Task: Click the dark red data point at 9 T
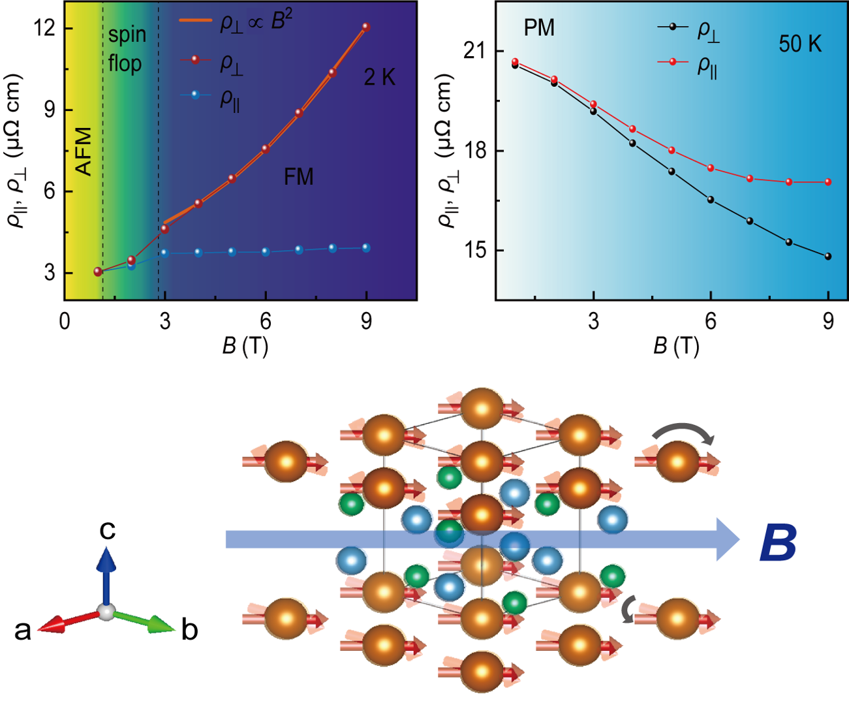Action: [366, 27]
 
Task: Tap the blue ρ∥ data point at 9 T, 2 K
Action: [366, 248]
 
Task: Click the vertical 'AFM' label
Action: [85, 151]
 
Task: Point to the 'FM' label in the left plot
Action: [298, 177]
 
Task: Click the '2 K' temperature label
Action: [380, 78]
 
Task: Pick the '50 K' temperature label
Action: [800, 44]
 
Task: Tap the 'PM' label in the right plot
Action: [539, 28]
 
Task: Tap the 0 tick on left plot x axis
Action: [64, 321]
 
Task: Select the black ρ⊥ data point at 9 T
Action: [828, 257]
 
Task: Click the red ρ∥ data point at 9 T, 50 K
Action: [828, 182]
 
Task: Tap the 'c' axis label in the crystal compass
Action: [107, 529]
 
